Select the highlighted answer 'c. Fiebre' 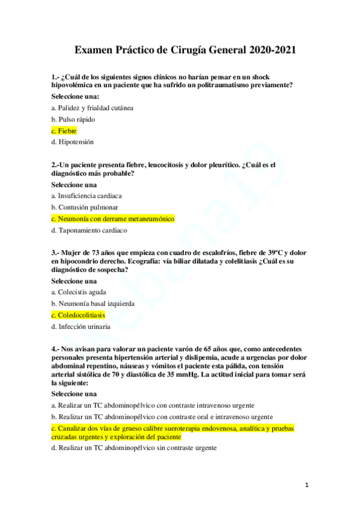point(64,131)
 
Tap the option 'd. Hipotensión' point(73,142)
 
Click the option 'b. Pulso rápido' point(73,119)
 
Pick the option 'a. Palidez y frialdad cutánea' point(93,108)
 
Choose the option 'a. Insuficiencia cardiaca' point(87,195)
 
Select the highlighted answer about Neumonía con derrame point(113,219)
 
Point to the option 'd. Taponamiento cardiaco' point(89,230)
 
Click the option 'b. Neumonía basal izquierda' point(93,303)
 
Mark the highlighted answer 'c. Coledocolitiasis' point(78,315)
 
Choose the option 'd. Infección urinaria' point(81,327)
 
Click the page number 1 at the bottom point(306,484)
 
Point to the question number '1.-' point(56,78)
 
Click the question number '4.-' point(56,349)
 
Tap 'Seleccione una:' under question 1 point(75,96)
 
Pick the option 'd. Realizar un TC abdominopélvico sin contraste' point(134,448)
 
